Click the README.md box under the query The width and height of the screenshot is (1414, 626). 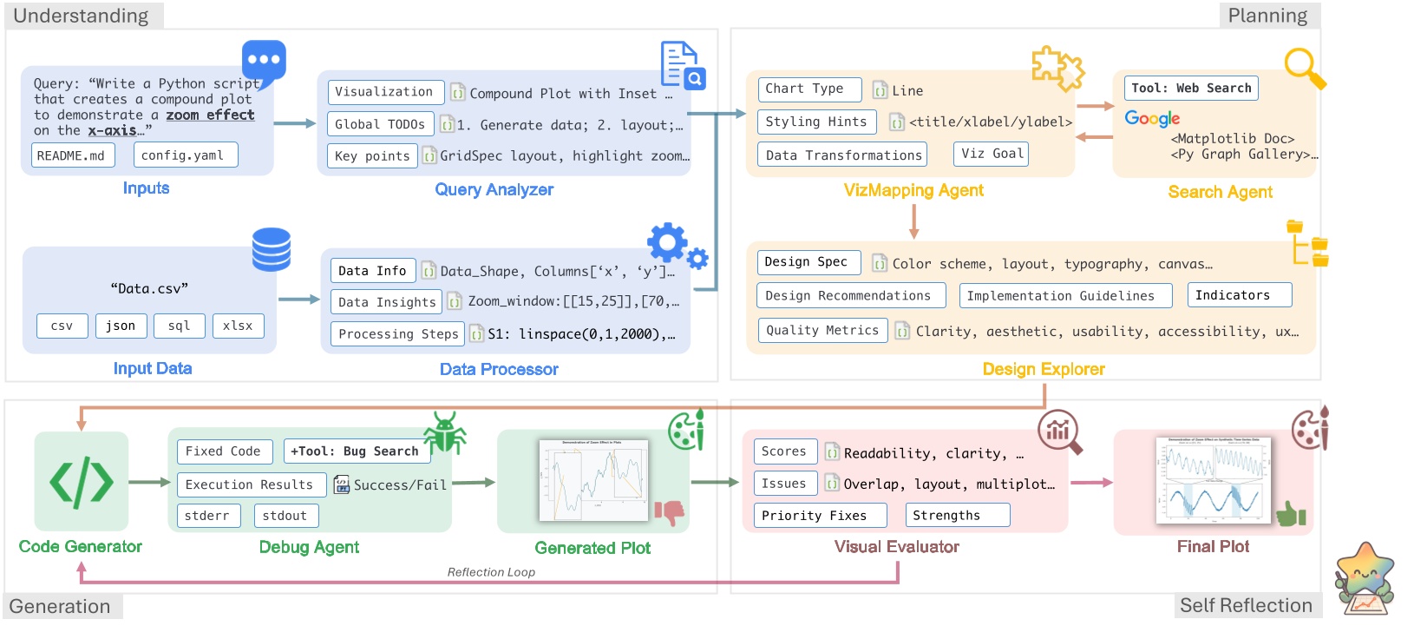coord(71,155)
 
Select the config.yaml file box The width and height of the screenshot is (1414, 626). coord(185,155)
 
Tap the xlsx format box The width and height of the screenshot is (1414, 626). coord(238,326)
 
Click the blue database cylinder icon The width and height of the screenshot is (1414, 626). coord(271,249)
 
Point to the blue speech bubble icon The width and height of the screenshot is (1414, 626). coord(264,62)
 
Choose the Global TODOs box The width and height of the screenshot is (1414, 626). coord(380,124)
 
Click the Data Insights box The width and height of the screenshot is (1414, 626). coord(386,302)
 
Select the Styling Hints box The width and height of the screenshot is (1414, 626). coord(815,122)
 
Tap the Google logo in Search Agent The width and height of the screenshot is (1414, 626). coord(1152,118)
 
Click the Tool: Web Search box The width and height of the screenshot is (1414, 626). coord(1191,88)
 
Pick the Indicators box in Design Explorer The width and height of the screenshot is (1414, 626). coord(1239,295)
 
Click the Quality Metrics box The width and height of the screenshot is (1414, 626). coord(822,330)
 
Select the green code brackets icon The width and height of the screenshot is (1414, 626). coord(81,482)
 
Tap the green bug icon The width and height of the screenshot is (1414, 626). coord(445,432)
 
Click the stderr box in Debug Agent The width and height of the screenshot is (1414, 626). coord(206,516)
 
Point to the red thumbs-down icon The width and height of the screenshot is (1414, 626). coord(669,512)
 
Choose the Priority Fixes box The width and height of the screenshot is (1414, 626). coord(820,515)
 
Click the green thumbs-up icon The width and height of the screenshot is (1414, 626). coord(1291,514)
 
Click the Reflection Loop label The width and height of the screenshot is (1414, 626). coord(491,572)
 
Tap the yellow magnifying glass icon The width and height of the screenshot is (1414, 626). coord(1304,68)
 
